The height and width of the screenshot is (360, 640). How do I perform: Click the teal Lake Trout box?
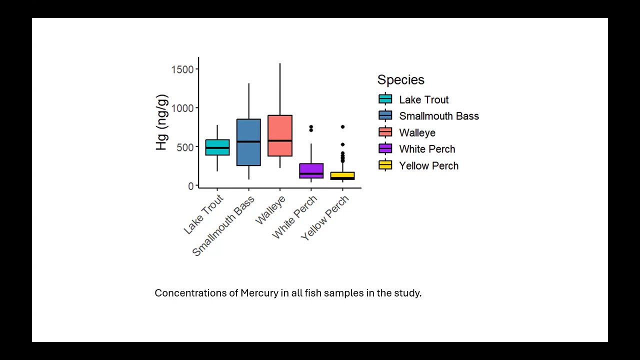point(217,147)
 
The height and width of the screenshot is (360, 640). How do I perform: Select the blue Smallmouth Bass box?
point(248,142)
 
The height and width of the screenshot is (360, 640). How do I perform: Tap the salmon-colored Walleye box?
point(280,135)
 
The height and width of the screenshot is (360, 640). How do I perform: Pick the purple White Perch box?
point(311,170)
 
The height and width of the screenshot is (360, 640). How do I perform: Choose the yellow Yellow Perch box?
point(342,175)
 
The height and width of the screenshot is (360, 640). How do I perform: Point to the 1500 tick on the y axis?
point(182,69)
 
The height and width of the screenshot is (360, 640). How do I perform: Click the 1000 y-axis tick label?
point(182,108)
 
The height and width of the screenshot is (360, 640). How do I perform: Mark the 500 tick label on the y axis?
point(185,147)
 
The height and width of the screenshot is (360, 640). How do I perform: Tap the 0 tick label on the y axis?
point(190,186)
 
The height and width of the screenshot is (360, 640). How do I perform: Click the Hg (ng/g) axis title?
point(161,122)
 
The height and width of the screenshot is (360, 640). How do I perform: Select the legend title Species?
point(400,80)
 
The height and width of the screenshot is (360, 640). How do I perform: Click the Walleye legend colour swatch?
point(385,132)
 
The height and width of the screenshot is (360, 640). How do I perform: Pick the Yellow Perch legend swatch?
point(385,165)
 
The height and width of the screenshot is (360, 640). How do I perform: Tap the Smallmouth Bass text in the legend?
point(438,116)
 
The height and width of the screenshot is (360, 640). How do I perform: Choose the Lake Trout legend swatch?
point(385,99)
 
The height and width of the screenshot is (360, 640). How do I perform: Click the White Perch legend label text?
point(427,149)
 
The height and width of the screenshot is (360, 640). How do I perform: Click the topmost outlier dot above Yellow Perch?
point(342,127)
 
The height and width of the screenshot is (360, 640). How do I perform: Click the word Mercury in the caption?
point(259,293)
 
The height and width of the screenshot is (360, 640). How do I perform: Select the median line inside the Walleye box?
point(280,140)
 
